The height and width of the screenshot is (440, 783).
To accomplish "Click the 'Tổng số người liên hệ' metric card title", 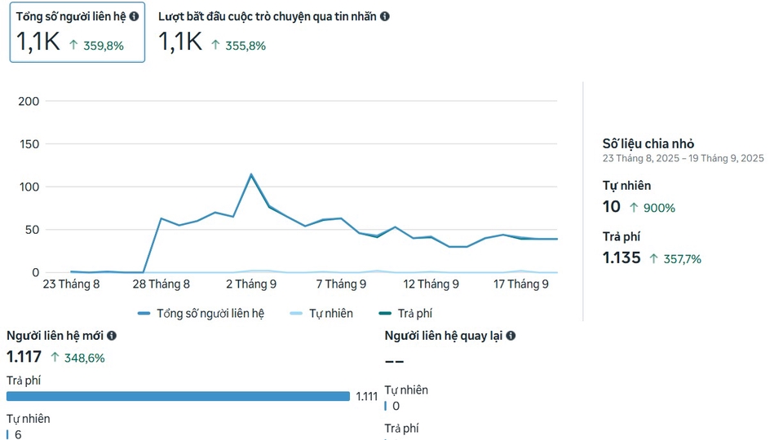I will pos(71,16).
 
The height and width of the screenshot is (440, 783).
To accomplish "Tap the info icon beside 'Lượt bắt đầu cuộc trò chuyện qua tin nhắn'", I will pos(385,16).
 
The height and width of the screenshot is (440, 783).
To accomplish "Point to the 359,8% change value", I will pos(103,46).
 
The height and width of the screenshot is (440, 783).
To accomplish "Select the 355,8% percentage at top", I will pos(245,46).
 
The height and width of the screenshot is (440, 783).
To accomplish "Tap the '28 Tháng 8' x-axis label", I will pos(161,284).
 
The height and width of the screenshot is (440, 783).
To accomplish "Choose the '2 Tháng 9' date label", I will pos(251,284).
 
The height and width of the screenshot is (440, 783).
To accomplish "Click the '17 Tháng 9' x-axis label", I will pos(521,284).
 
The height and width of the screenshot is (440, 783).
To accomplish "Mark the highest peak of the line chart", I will pos(251,174).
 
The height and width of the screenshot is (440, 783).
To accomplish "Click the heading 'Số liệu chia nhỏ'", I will pos(648,143).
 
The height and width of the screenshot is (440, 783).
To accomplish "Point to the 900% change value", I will pos(659,208).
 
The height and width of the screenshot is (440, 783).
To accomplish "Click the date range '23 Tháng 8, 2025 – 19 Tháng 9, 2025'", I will pos(683,158).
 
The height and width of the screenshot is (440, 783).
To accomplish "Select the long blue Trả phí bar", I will pos(178,397).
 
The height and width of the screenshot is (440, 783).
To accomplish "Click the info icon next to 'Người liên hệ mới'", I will pos(112,336).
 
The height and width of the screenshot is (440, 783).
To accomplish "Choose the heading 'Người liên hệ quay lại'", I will pos(444,336).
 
